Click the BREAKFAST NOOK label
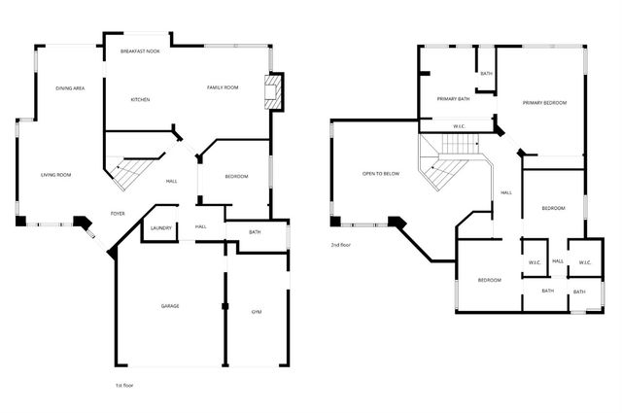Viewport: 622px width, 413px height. [140, 51]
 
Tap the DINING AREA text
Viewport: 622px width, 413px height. [70, 88]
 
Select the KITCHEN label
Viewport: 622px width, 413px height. [140, 99]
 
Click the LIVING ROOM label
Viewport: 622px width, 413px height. [55, 175]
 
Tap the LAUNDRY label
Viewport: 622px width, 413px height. [161, 228]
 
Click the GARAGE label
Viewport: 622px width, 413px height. [170, 306]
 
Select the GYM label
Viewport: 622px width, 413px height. [257, 312]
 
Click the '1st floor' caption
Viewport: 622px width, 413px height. [123, 386]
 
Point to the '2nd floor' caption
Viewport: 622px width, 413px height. [340, 245]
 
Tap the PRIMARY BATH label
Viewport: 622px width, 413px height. [454, 98]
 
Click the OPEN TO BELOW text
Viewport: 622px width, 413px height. [381, 174]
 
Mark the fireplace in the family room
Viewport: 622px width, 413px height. [275, 93]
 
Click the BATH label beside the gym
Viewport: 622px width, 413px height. [255, 232]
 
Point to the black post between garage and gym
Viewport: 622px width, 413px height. [225, 306]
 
